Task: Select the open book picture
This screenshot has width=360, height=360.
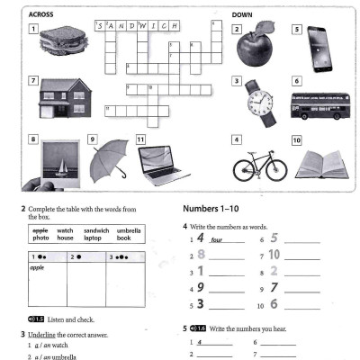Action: click(x=322, y=164)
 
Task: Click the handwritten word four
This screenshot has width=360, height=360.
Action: click(x=216, y=240)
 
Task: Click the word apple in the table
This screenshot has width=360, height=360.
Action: click(x=38, y=267)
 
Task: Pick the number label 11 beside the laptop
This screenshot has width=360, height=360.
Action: click(x=141, y=140)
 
